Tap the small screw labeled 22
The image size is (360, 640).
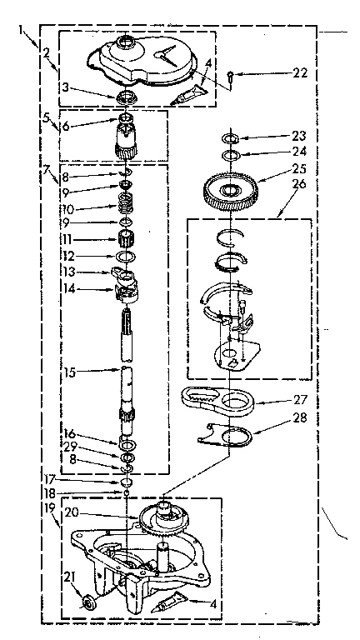pyautogui.click(x=229, y=77)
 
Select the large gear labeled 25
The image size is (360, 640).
pyautogui.click(x=229, y=190)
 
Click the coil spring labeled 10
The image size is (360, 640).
pyautogui.click(x=125, y=204)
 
